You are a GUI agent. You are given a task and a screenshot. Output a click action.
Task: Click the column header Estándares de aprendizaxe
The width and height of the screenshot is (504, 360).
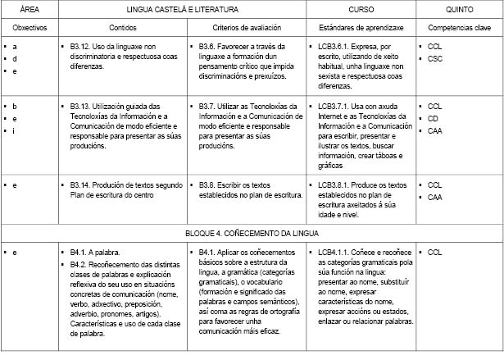tap(361, 27)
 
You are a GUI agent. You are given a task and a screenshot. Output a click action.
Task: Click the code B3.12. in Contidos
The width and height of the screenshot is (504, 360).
tap(82, 48)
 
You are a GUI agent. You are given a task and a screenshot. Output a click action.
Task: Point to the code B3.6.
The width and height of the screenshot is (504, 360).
tap(209, 48)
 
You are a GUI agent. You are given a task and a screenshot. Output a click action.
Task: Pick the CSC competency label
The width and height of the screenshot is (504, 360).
tap(435, 59)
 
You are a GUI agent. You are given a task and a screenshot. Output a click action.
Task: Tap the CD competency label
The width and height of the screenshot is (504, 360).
tap(434, 118)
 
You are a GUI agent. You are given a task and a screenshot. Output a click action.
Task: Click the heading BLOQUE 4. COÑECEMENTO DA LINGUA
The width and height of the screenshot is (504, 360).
tap(252, 233)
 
